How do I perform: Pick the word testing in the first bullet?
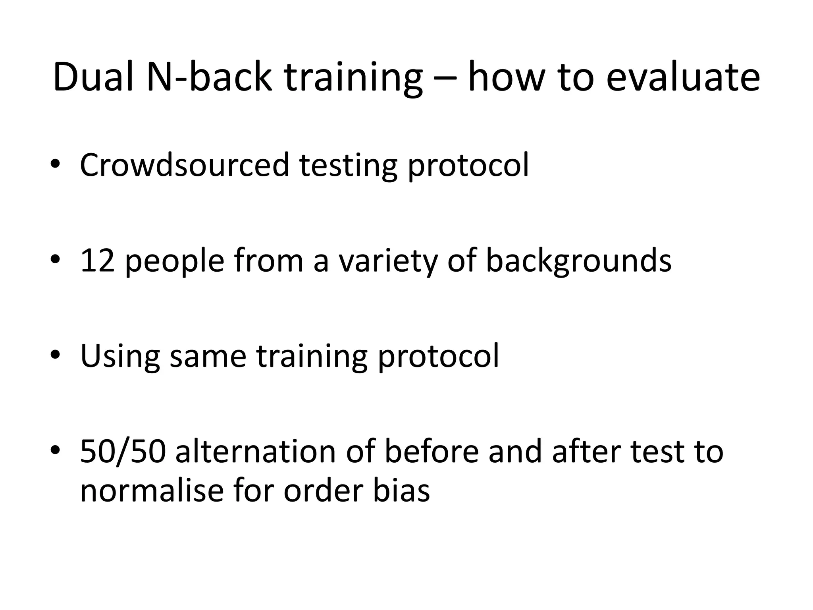[348, 166]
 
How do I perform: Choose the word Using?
[120, 357]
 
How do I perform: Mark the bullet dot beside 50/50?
[55, 450]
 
